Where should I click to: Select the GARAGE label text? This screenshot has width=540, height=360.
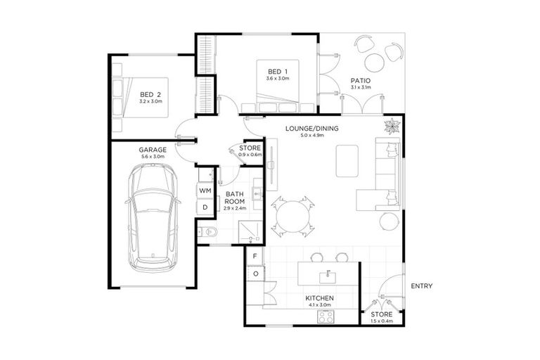[x=152, y=150]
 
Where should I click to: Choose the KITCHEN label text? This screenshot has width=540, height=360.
[x=319, y=299]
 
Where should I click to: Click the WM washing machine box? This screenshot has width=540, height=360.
[x=205, y=191]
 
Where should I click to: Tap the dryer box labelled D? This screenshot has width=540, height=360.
[x=205, y=207]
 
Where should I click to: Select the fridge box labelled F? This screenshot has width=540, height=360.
[x=254, y=257]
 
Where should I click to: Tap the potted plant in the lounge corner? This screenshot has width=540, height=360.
[x=391, y=127]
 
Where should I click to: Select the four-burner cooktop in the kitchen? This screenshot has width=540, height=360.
[x=326, y=317]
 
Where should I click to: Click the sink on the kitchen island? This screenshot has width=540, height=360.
[x=327, y=274]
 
